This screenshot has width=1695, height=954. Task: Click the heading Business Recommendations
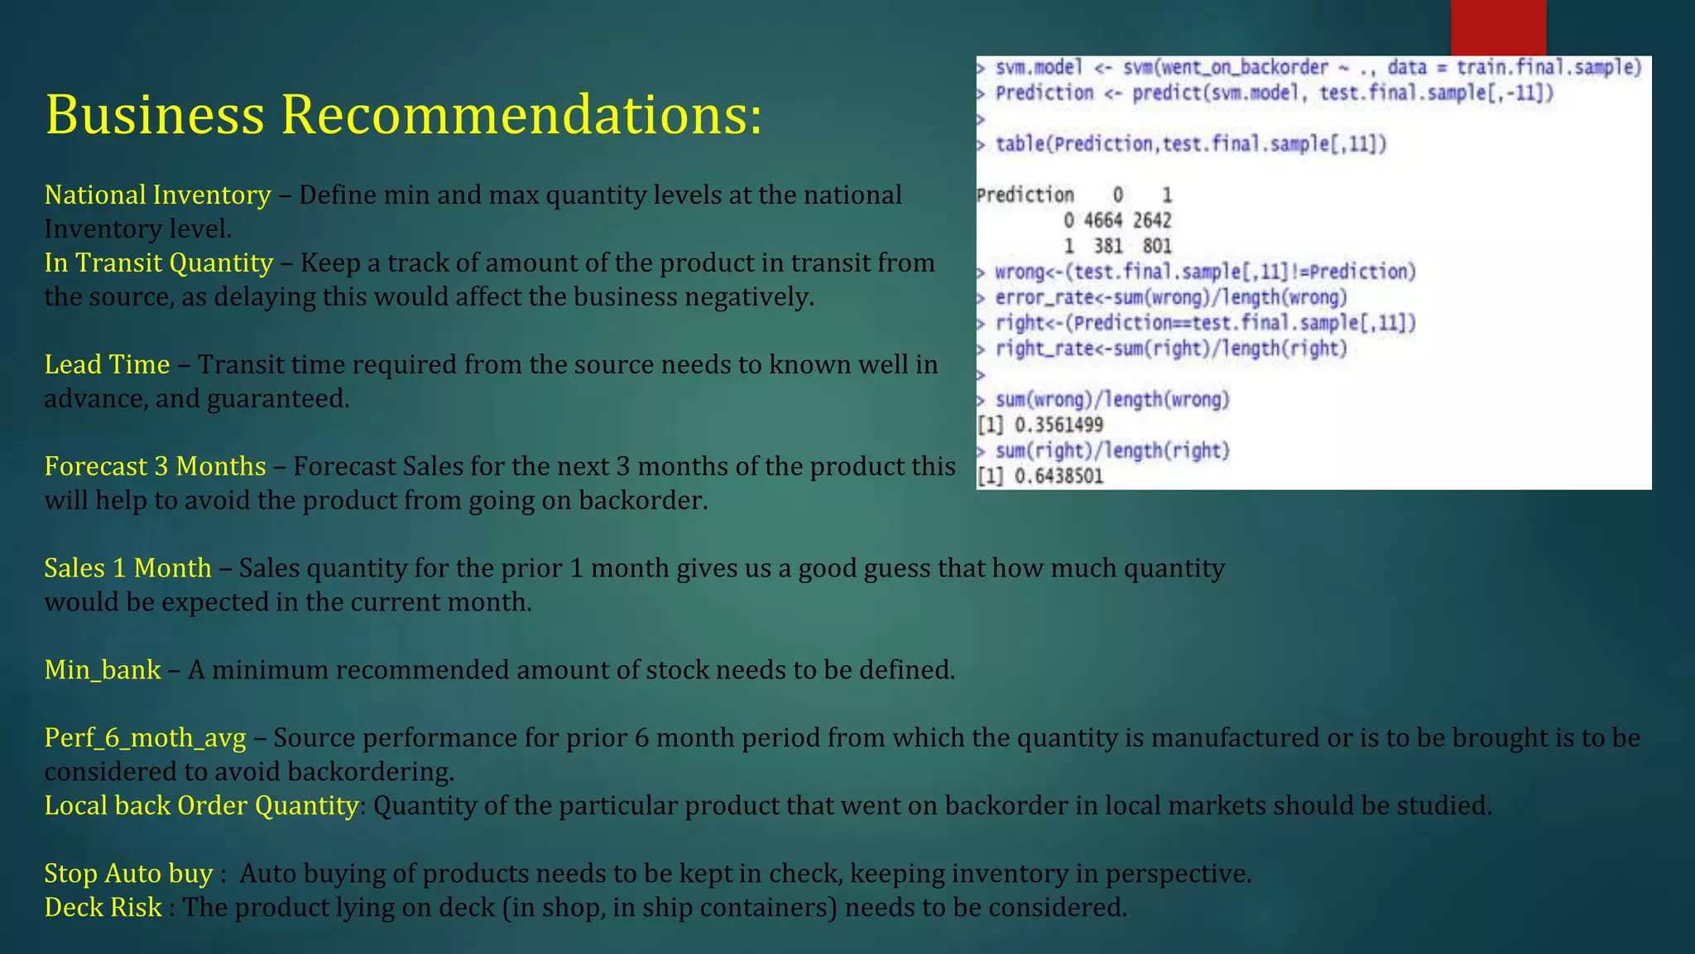pyautogui.click(x=403, y=114)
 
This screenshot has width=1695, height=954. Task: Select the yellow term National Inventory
pyautogui.click(x=157, y=195)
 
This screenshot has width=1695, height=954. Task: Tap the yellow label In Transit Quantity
pyautogui.click(x=158, y=263)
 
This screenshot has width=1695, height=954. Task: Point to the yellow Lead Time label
pyautogui.click(x=107, y=365)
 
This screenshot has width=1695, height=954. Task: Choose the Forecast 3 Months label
pyautogui.click(x=155, y=467)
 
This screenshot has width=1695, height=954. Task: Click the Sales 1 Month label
pyautogui.click(x=127, y=569)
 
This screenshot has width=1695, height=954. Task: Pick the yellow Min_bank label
pyautogui.click(x=103, y=670)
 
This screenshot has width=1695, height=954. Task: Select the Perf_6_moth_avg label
pyautogui.click(x=145, y=739)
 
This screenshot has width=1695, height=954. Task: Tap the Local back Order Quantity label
pyautogui.click(x=201, y=806)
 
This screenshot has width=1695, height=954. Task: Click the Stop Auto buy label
pyautogui.click(x=128, y=874)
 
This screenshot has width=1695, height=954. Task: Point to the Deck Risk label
pyautogui.click(x=103, y=908)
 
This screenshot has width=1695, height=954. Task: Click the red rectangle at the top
pyautogui.click(x=1498, y=27)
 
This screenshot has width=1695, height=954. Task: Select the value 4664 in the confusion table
pyautogui.click(x=1102, y=221)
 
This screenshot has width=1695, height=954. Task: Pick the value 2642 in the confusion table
pyautogui.click(x=1152, y=221)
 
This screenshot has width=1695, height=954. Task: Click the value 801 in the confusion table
pyautogui.click(x=1157, y=246)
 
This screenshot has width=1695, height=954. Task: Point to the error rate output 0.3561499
pyautogui.click(x=1059, y=426)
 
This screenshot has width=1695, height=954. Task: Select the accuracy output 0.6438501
pyautogui.click(x=1059, y=477)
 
